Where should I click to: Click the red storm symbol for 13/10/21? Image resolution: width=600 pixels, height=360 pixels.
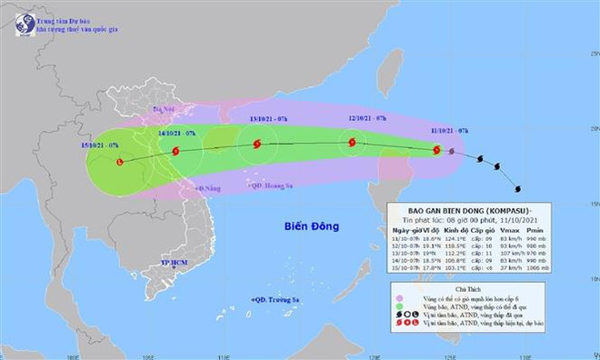[x=255, y=144]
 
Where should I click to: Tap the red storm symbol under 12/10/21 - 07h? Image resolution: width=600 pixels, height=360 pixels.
[x=351, y=142]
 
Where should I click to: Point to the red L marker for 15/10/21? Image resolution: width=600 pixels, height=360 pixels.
[x=120, y=161]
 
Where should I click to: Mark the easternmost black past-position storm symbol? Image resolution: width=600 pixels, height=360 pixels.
[x=518, y=189]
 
